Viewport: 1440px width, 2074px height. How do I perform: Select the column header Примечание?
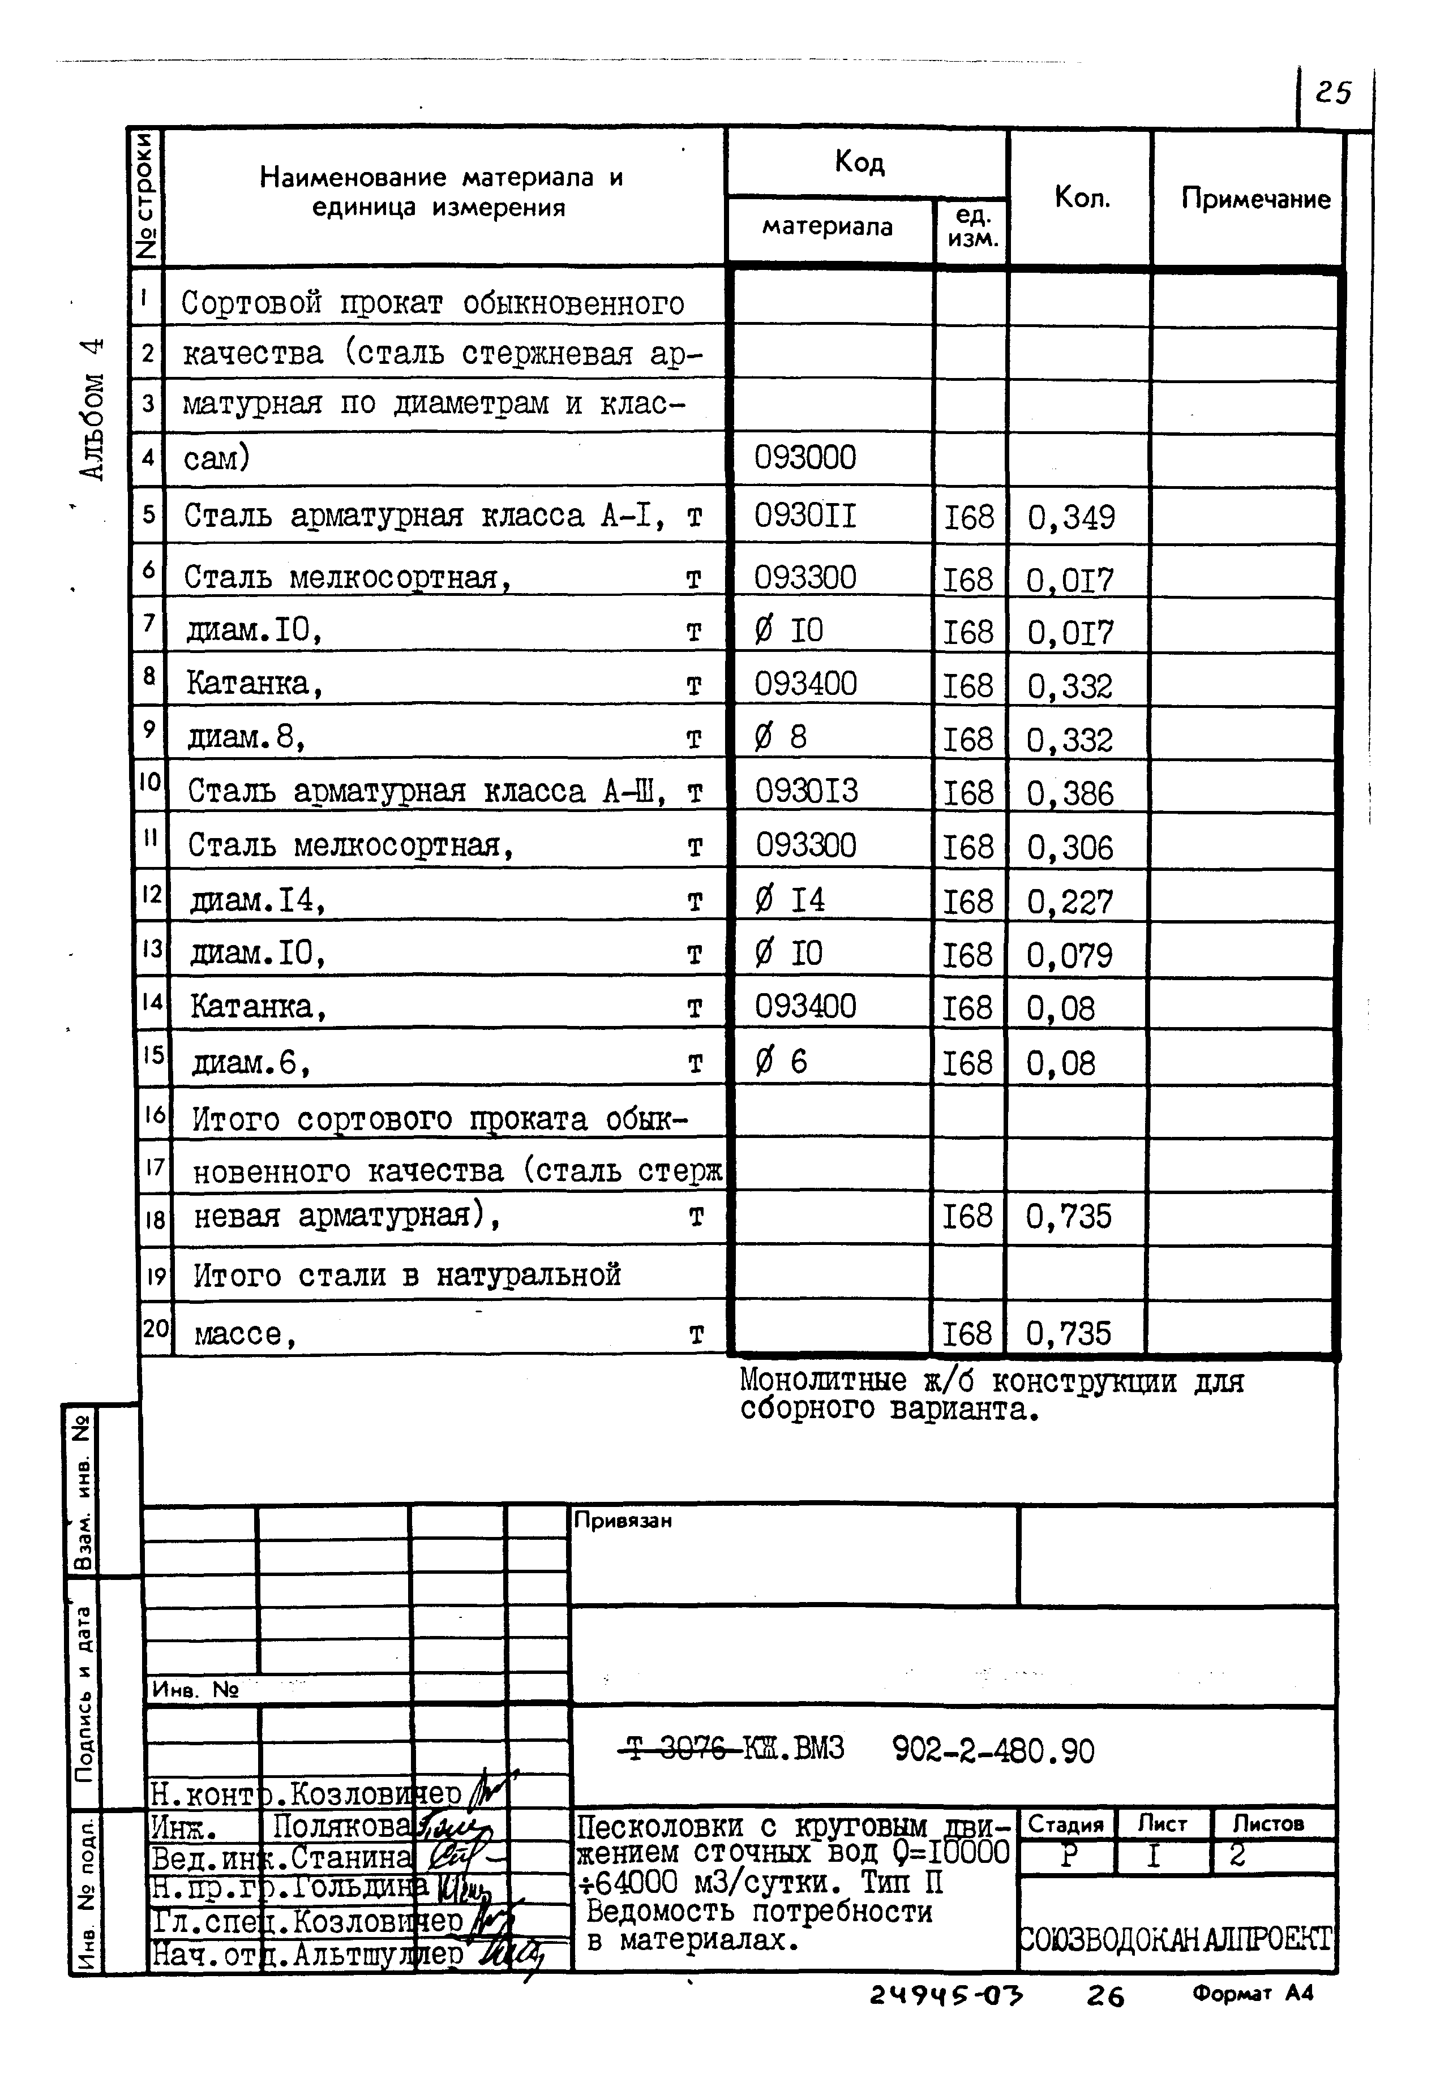[x=1255, y=199]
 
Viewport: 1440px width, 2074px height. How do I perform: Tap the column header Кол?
[x=1082, y=197]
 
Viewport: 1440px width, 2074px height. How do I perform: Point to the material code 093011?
[x=805, y=516]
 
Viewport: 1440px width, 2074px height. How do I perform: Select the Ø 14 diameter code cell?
[x=790, y=899]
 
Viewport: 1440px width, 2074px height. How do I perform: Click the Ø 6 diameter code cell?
[x=781, y=1062]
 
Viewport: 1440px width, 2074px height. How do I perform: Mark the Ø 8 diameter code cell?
[x=781, y=737]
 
